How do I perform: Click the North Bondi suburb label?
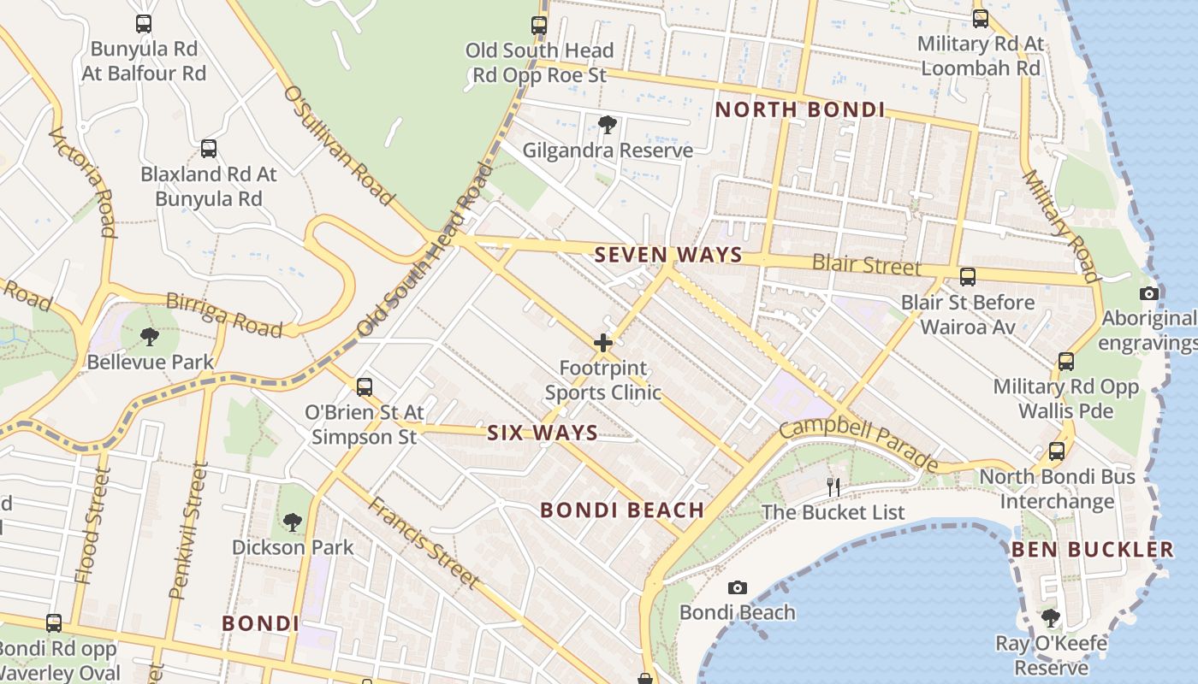pyautogui.click(x=800, y=109)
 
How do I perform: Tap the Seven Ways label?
pyautogui.click(x=668, y=255)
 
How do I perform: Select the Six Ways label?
pyautogui.click(x=543, y=433)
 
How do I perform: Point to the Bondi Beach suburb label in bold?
pyautogui.click(x=622, y=510)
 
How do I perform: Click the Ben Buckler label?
pyautogui.click(x=1093, y=549)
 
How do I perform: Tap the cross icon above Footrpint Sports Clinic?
pyautogui.click(x=603, y=344)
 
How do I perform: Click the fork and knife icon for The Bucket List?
pyautogui.click(x=833, y=487)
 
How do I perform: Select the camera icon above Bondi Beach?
pyautogui.click(x=737, y=588)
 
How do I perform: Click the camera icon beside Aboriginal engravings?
pyautogui.click(x=1149, y=294)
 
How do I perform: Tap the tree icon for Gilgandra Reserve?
pyautogui.click(x=608, y=126)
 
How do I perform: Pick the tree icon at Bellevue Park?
pyautogui.click(x=150, y=337)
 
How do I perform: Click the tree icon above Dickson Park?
pyautogui.click(x=293, y=522)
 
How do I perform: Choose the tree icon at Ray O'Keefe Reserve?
pyautogui.click(x=1051, y=617)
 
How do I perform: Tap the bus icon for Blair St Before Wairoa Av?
pyautogui.click(x=968, y=277)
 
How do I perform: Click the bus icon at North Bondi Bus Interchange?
pyautogui.click(x=1057, y=451)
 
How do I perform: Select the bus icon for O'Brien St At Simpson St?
pyautogui.click(x=365, y=386)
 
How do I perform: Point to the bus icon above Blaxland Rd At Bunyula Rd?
pyautogui.click(x=209, y=149)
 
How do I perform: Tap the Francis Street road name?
pyautogui.click(x=423, y=542)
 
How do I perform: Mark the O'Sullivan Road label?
pyautogui.click(x=339, y=145)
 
